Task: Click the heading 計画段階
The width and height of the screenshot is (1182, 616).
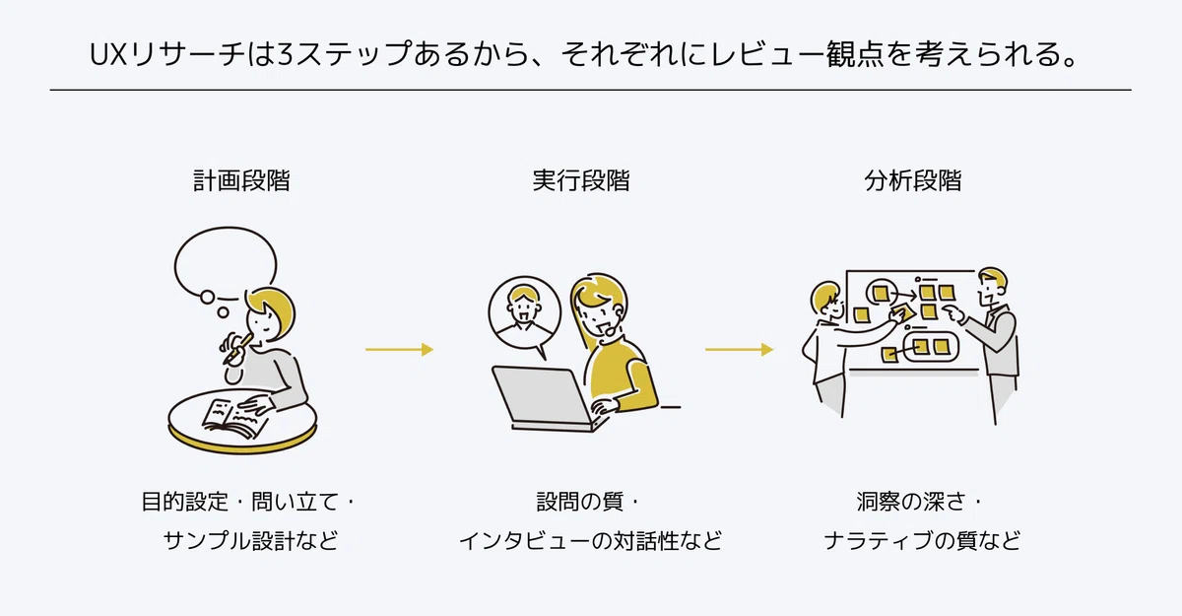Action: click(x=241, y=180)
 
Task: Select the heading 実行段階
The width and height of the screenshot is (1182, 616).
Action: click(x=581, y=180)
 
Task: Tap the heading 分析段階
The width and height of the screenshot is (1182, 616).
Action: click(x=913, y=180)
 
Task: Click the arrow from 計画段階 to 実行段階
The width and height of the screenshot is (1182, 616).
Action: click(x=400, y=350)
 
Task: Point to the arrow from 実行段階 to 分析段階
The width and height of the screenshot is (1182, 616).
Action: click(x=740, y=350)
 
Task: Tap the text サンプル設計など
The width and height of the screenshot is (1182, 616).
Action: click(x=250, y=541)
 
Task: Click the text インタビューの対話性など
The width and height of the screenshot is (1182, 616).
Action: click(x=590, y=541)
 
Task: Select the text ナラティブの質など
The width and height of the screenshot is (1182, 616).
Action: click(x=922, y=541)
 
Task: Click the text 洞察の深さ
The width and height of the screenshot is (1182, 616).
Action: click(x=911, y=502)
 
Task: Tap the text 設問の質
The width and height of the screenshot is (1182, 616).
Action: click(x=580, y=502)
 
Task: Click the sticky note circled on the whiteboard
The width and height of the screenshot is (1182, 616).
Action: click(x=881, y=293)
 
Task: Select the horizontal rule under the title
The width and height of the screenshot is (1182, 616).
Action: click(x=590, y=90)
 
